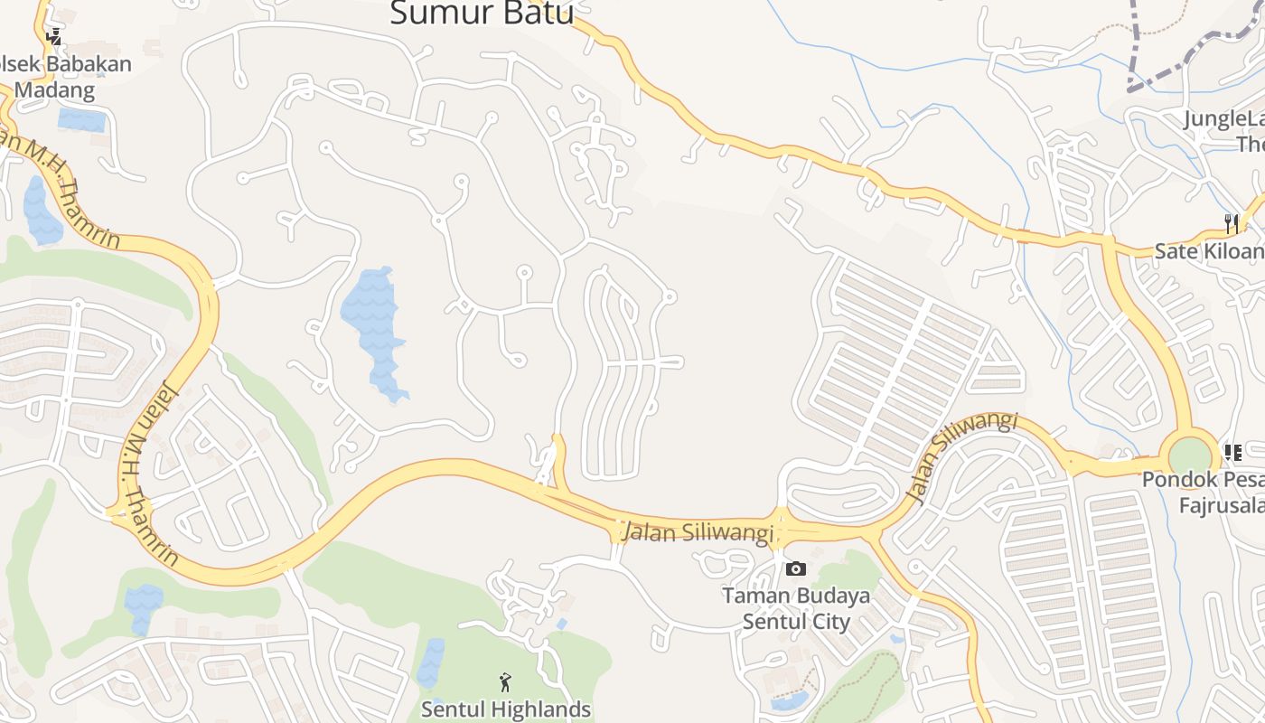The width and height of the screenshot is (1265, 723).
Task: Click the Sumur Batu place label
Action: click(x=482, y=13)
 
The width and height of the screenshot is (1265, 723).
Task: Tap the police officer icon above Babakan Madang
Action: click(x=54, y=36)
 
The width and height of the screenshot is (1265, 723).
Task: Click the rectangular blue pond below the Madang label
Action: click(x=81, y=119)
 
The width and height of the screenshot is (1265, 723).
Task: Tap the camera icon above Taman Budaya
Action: click(x=795, y=568)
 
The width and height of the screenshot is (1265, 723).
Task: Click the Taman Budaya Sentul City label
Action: click(x=796, y=608)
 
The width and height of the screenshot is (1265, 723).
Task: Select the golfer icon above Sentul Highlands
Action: click(x=505, y=682)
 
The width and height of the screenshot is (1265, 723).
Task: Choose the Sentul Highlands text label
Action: click(x=506, y=709)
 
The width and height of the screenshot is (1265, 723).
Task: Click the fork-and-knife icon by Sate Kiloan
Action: click(x=1232, y=222)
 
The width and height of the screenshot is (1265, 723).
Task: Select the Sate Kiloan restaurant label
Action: click(x=1209, y=250)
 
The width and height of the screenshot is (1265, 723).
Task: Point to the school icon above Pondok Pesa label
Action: click(x=1232, y=451)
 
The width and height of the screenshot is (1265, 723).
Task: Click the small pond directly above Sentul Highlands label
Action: click(x=432, y=662)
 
